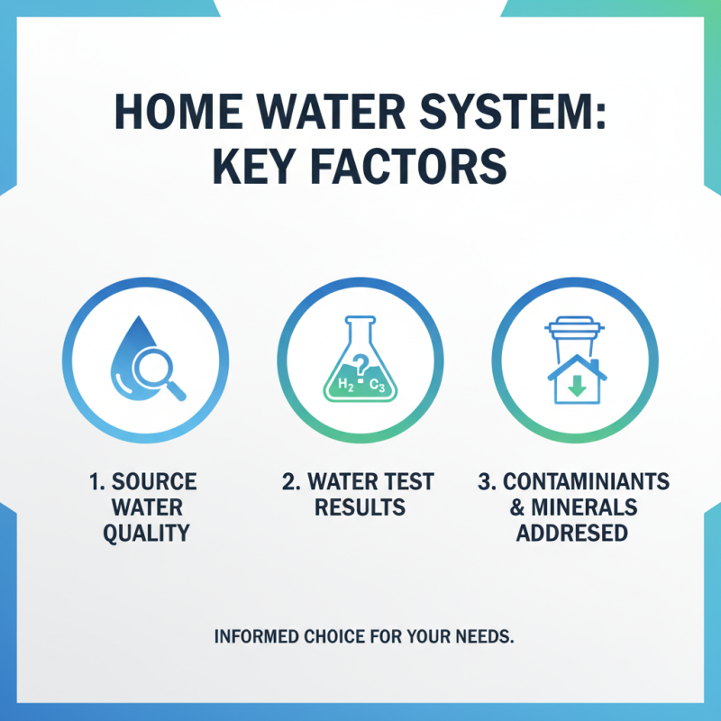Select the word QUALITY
tap(144, 533)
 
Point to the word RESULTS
tap(359, 507)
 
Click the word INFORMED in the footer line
tap(255, 636)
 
